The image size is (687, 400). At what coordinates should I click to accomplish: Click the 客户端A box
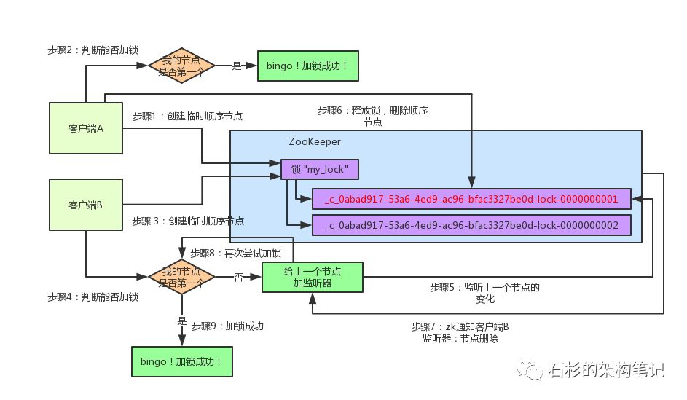86,128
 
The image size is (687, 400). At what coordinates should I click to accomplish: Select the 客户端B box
86,205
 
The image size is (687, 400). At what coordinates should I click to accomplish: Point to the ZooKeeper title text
315,142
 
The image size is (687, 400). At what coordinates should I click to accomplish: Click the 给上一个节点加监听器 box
311,277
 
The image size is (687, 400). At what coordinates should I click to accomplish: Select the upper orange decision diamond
181,66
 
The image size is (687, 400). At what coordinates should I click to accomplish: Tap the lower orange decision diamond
181,277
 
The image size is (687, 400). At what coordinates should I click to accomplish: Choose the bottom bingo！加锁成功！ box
181,361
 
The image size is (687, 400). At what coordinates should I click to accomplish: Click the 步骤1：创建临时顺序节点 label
188,116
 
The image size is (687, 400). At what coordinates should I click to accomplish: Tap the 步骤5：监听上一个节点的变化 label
485,293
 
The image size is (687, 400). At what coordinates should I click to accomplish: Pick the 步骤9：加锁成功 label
228,326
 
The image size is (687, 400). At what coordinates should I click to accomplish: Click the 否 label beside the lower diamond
238,277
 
